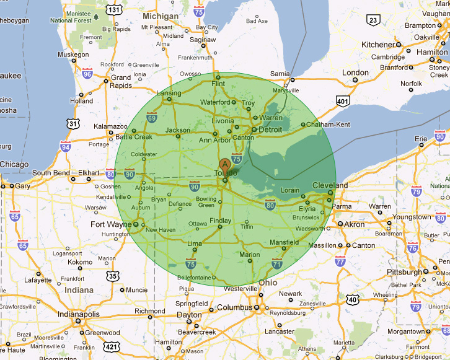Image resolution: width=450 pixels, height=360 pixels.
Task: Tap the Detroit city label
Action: pos(270,130)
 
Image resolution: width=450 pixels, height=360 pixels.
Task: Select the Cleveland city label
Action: pos(330,185)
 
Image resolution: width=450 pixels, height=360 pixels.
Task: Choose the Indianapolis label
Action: pos(51,314)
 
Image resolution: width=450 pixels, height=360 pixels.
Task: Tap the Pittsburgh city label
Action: pos(404,272)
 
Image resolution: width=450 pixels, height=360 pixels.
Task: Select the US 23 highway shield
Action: pos(373,21)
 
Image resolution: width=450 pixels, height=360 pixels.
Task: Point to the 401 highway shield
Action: pos(342,100)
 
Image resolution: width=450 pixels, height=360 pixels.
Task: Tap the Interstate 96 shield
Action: pos(87,74)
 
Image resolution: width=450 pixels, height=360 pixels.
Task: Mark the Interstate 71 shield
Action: pos(276,265)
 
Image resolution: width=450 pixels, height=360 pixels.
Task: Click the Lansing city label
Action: pos(169,94)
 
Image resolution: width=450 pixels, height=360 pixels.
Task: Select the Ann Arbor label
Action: pos(214,139)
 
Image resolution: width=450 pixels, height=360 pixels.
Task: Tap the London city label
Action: pos(355,72)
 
